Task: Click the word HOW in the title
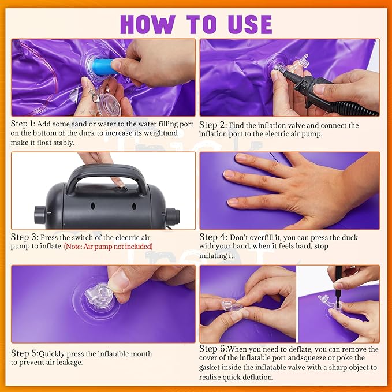pos(148,24)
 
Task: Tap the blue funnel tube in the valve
pos(103,67)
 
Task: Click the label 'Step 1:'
pos(23,124)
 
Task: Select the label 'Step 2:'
pos(213,125)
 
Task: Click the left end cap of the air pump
pos(40,215)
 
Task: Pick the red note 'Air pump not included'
pos(109,247)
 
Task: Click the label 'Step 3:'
pos(24,237)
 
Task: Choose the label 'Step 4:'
pos(213,237)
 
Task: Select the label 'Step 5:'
pos(25,353)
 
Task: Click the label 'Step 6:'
pos(213,349)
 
